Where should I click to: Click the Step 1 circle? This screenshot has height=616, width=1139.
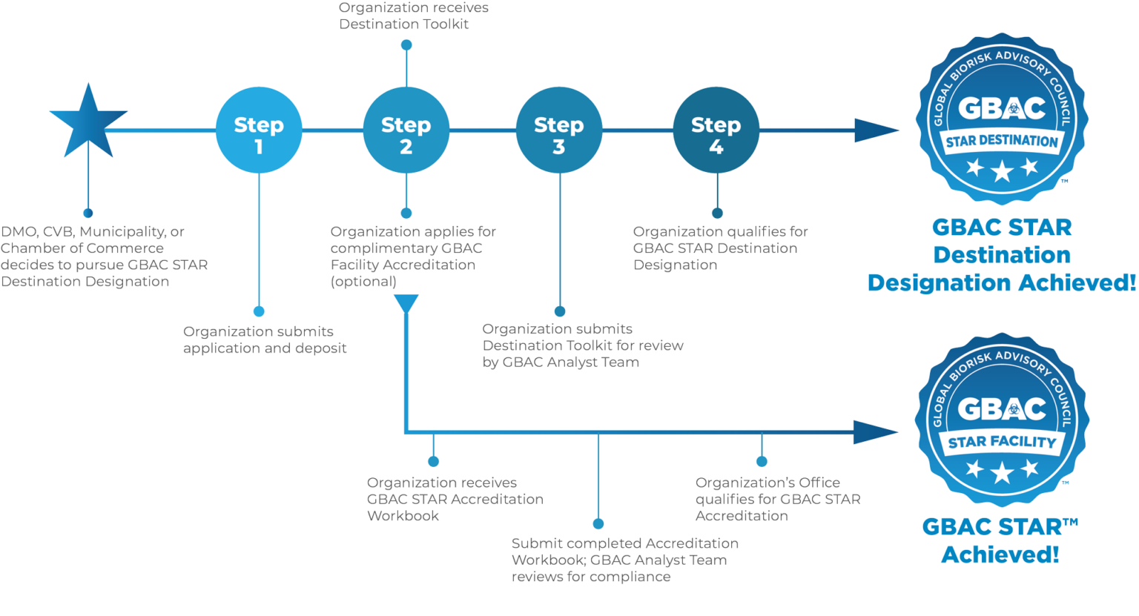click(x=259, y=130)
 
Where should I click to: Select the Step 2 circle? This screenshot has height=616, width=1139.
click(x=406, y=130)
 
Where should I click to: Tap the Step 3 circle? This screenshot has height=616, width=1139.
click(x=559, y=130)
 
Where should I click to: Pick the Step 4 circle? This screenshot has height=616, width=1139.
click(x=716, y=130)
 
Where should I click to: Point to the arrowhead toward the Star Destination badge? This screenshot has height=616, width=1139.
click(x=875, y=130)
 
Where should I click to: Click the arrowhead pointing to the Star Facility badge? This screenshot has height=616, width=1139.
click(x=874, y=431)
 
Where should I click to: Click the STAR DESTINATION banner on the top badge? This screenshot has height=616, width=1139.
click(x=1002, y=141)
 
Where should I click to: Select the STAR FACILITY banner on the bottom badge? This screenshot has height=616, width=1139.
click(x=1002, y=443)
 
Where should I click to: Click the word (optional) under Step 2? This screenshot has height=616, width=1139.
click(x=363, y=282)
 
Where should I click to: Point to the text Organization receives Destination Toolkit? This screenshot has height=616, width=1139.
click(x=413, y=16)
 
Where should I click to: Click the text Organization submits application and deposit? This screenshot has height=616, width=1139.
click(x=265, y=340)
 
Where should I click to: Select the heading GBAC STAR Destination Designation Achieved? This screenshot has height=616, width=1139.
click(x=1002, y=255)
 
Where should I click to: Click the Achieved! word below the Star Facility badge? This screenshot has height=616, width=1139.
click(x=1000, y=554)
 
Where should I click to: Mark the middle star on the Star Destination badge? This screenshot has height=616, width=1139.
click(x=1002, y=172)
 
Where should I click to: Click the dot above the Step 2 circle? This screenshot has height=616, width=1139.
click(x=406, y=44)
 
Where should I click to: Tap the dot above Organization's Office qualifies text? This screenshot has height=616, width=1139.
click(x=762, y=461)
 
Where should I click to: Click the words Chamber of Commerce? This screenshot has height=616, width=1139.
click(x=82, y=248)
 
